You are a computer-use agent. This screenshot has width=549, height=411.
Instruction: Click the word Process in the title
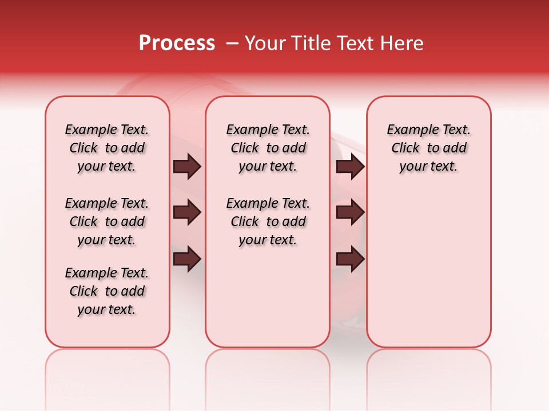point(177,43)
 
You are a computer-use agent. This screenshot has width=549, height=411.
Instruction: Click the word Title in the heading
point(309,43)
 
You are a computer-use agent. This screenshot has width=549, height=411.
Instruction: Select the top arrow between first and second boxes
point(187,167)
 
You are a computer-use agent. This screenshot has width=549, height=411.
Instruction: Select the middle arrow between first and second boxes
point(187,213)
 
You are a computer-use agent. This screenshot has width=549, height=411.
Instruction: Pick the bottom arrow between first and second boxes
point(187,259)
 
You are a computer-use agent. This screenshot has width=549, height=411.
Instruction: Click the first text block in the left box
point(107,148)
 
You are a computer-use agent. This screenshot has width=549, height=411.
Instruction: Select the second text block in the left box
point(107,221)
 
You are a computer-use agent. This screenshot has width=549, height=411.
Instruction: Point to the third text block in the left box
point(107,291)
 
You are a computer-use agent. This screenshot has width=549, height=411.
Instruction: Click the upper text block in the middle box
point(268,148)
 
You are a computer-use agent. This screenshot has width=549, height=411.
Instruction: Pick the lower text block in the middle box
point(268,221)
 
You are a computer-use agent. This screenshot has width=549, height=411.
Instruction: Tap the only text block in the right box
point(429,148)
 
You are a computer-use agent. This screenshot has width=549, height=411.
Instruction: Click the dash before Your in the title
point(232,43)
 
